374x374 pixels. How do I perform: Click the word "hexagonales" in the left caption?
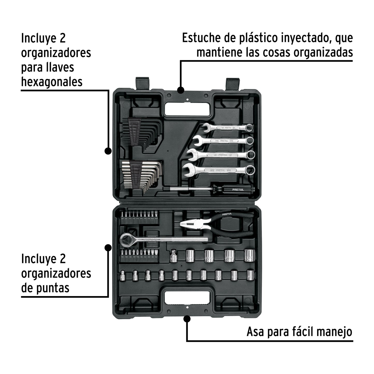[x=52, y=82]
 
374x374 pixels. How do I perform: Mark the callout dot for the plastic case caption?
[x=181, y=90]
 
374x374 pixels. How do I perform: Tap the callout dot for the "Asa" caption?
[x=187, y=319]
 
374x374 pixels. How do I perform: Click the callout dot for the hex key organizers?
[x=108, y=151]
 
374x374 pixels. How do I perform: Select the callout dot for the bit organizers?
[x=108, y=248]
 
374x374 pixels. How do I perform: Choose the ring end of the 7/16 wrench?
[x=250, y=141]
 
